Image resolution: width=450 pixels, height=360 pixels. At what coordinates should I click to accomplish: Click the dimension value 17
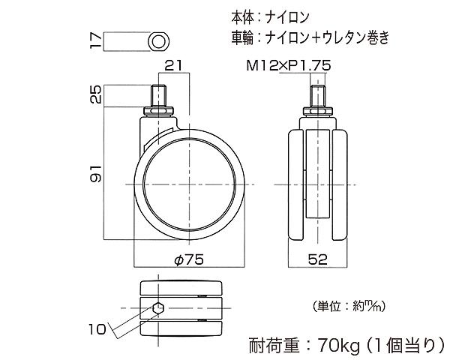click(x=94, y=40)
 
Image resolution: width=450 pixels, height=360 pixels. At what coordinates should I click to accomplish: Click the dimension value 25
click(x=94, y=95)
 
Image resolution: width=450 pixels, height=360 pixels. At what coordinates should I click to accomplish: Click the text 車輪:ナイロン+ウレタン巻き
click(x=314, y=35)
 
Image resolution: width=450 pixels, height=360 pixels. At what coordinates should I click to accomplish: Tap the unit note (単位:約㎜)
click(x=349, y=305)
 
